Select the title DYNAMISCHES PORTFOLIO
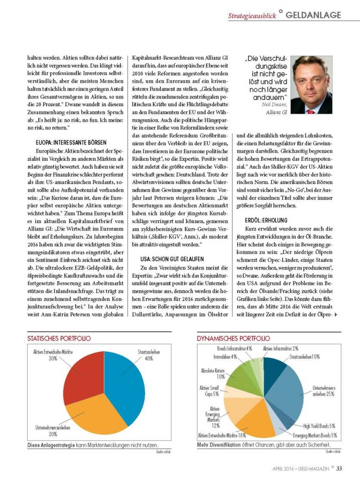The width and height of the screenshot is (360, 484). click(x=233, y=338)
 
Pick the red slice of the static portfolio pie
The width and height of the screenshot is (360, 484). click(x=86, y=374)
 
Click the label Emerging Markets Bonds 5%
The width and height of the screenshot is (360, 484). click(x=314, y=435)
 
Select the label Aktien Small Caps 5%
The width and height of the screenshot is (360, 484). click(x=209, y=391)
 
